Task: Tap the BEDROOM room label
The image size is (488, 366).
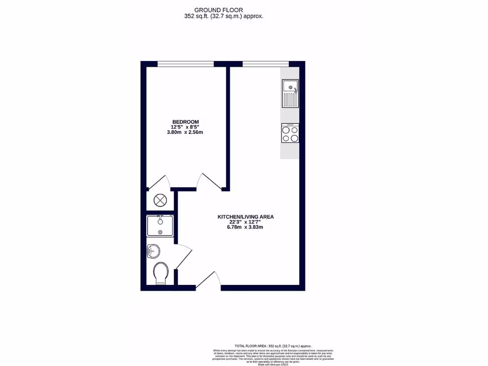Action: (185, 122)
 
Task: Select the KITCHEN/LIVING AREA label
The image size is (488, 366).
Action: (245, 217)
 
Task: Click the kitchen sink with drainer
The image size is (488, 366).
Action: (290, 93)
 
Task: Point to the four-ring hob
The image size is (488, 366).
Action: (290, 133)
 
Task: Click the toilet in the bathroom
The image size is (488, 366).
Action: (161, 274)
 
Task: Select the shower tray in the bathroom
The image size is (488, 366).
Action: (160, 225)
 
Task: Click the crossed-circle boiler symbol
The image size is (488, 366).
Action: (160, 200)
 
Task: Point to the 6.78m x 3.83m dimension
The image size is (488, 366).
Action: (245, 227)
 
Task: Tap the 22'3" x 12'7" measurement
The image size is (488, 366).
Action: (245, 222)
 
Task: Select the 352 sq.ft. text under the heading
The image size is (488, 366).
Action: (224, 16)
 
